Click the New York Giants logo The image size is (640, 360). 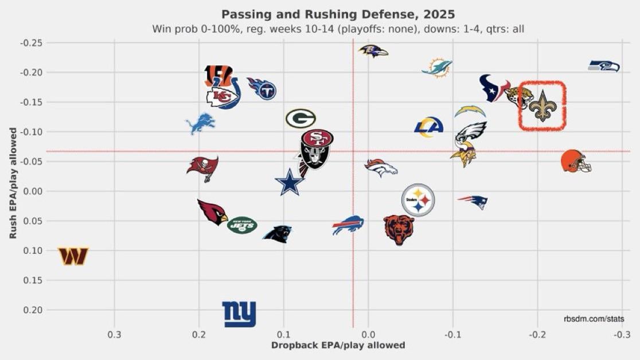pyautogui.click(x=239, y=314)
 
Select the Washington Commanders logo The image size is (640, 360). pyautogui.click(x=73, y=256)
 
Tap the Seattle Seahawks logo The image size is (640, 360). pyautogui.click(x=604, y=66)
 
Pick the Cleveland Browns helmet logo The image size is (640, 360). pyautogui.click(x=576, y=161)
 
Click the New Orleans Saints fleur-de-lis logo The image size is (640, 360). pyautogui.click(x=543, y=106)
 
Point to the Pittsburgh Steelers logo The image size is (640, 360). pyautogui.click(x=418, y=200)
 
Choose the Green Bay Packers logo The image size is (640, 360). pyautogui.click(x=301, y=119)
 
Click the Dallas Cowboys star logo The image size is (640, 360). pyautogui.click(x=290, y=182)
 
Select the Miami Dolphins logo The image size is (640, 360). pyautogui.click(x=438, y=67)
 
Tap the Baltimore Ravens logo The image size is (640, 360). pyautogui.click(x=373, y=51)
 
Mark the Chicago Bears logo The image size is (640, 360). pyautogui.click(x=399, y=230)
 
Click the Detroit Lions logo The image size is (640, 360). pyautogui.click(x=201, y=123)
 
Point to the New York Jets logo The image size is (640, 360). pyautogui.click(x=242, y=225)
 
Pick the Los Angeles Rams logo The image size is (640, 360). pyautogui.click(x=429, y=127)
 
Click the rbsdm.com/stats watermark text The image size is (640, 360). pyautogui.click(x=594, y=318)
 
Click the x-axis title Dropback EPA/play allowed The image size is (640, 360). pyautogui.click(x=338, y=345)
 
